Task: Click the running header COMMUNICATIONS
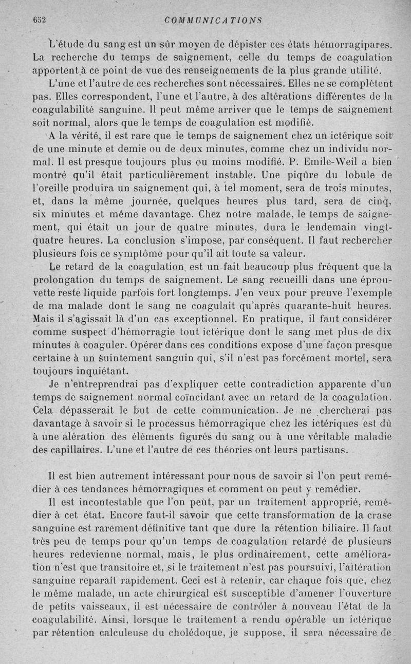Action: [x=213, y=21]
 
